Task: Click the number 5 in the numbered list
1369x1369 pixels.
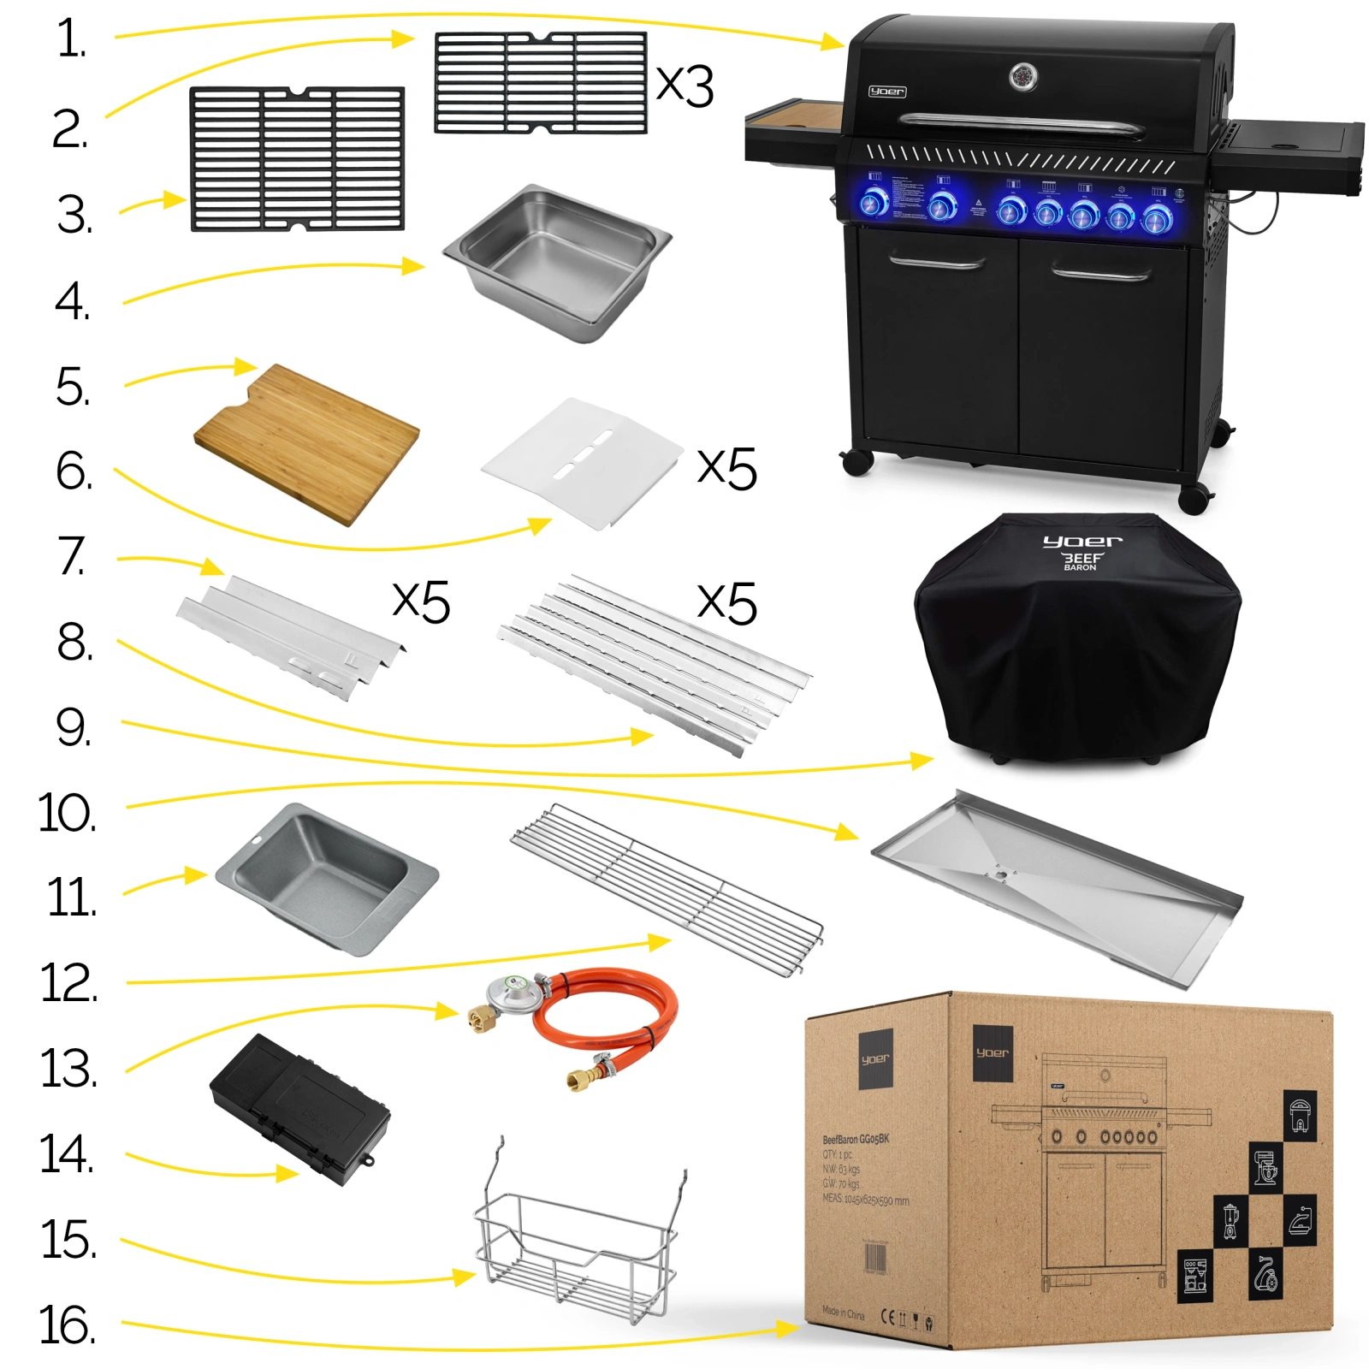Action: (x=73, y=388)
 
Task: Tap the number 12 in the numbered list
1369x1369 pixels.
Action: (x=68, y=983)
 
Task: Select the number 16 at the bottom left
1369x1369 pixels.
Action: (x=67, y=1325)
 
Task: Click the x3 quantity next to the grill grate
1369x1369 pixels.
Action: (x=684, y=86)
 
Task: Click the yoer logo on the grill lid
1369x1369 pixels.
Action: (x=886, y=92)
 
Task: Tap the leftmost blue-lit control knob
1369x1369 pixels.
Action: (x=874, y=204)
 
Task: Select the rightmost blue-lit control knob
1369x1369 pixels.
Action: (x=1156, y=220)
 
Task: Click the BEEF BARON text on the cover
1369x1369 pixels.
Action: (x=1081, y=561)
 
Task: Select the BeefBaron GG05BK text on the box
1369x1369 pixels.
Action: (x=856, y=1140)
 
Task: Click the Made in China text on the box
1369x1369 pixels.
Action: (x=843, y=1312)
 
